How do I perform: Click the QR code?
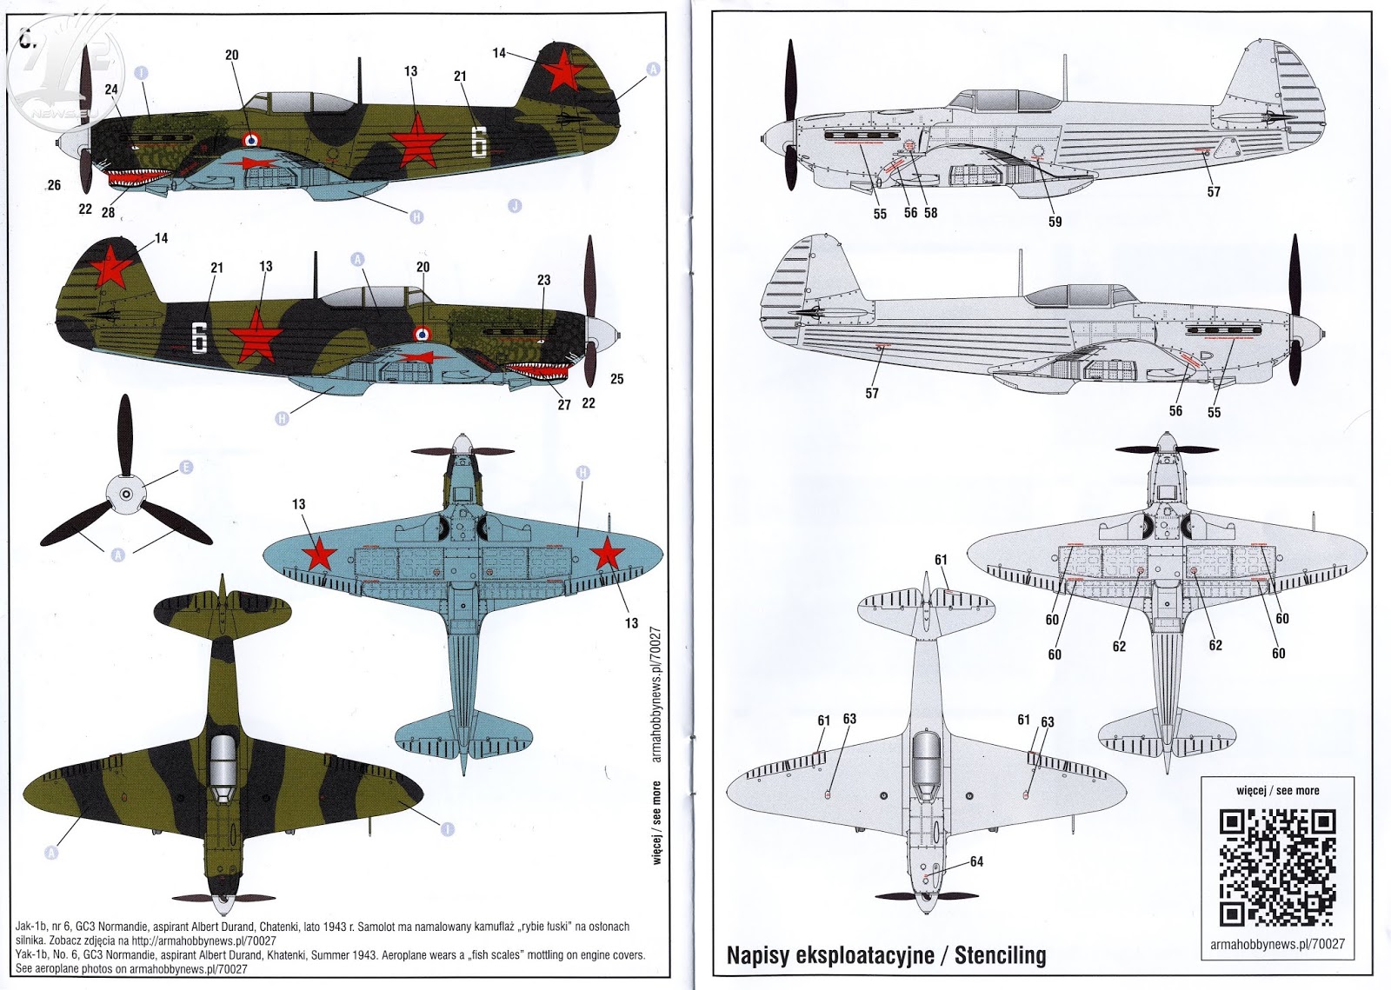[x=1277, y=867]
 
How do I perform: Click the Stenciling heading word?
[x=1000, y=955]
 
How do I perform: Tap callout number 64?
[x=976, y=861]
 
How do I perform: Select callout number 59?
[x=1055, y=222]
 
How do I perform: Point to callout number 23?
[x=543, y=280]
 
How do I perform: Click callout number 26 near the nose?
[x=54, y=185]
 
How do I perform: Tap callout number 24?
[x=111, y=89]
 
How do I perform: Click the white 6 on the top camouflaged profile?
[x=478, y=142]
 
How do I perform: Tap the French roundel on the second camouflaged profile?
[x=423, y=333]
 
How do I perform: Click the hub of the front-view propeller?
[x=126, y=495]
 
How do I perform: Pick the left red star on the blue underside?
[x=319, y=555]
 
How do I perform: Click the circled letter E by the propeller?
[x=185, y=468]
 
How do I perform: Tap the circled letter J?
[x=515, y=206]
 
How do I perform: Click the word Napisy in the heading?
[x=758, y=955]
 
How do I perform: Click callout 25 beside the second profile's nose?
[x=616, y=379]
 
